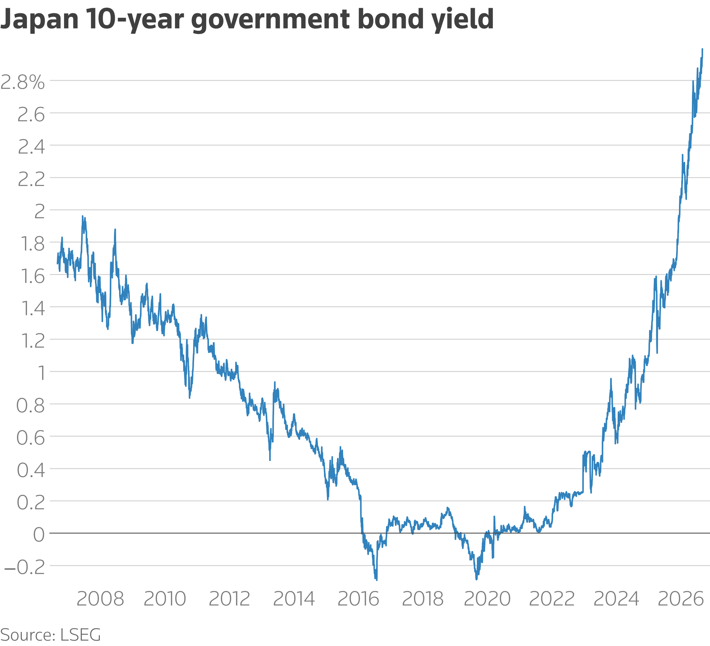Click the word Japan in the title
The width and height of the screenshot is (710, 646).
pyautogui.click(x=40, y=20)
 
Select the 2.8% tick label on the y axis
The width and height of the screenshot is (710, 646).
pyautogui.click(x=23, y=82)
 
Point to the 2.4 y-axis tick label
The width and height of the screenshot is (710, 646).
pyautogui.click(x=31, y=147)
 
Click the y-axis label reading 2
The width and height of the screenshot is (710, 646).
pyautogui.click(x=40, y=212)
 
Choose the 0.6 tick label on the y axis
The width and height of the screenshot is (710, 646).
pyautogui.click(x=31, y=438)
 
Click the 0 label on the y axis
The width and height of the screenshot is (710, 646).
pyautogui.click(x=39, y=535)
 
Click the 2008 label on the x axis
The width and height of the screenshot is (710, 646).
pyautogui.click(x=100, y=599)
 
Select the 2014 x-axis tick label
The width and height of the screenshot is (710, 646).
pyautogui.click(x=294, y=599)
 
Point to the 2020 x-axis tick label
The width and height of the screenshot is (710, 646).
pyautogui.click(x=487, y=599)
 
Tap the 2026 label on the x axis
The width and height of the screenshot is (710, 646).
pyautogui.click(x=681, y=599)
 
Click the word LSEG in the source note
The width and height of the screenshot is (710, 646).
pyautogui.click(x=81, y=635)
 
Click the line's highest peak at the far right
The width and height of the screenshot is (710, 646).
pyautogui.click(x=702, y=49)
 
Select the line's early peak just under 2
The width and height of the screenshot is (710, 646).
pyautogui.click(x=82, y=216)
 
